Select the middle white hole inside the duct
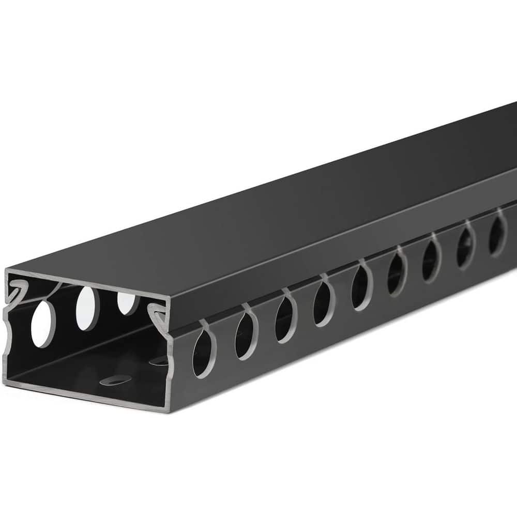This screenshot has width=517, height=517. pyautogui.click(x=87, y=308)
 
